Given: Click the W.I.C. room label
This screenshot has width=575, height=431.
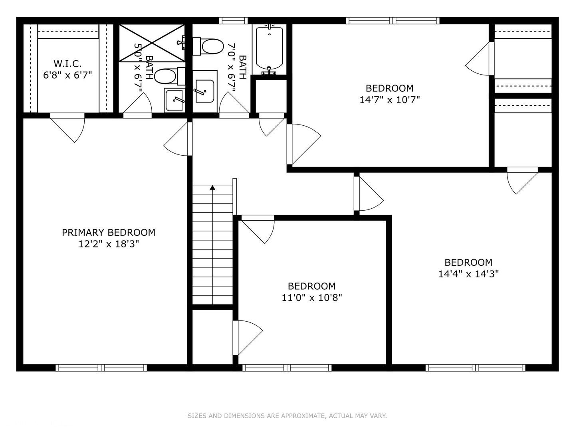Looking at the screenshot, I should click(x=67, y=63).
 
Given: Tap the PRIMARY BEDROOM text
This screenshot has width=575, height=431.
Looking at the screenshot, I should click(x=108, y=232).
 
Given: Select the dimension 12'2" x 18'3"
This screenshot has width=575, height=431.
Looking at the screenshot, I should click(x=108, y=244).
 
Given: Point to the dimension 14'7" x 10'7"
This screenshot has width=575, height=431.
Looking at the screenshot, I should click(x=389, y=99).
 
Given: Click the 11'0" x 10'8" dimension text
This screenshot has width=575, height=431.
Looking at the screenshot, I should click(x=311, y=297).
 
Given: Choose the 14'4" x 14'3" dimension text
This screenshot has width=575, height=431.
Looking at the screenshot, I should click(x=468, y=274).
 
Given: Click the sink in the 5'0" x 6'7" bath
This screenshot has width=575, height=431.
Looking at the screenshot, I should click(x=174, y=100).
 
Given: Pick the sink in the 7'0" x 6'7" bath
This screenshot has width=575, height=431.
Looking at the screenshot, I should click(x=205, y=91).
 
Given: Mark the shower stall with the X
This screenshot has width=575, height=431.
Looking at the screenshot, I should click(x=152, y=43).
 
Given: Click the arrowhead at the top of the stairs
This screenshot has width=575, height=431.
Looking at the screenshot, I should click(x=212, y=187).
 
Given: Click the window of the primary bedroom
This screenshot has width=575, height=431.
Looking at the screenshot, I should click(x=101, y=368).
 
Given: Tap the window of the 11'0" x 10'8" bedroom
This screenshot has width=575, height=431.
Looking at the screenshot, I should click(x=287, y=368).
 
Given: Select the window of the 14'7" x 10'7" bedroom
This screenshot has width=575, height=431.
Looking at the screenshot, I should click(x=393, y=21).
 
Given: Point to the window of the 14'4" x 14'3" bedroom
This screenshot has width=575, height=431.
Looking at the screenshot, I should click(x=475, y=368).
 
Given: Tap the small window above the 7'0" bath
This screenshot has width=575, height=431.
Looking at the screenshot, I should click(x=233, y=21).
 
